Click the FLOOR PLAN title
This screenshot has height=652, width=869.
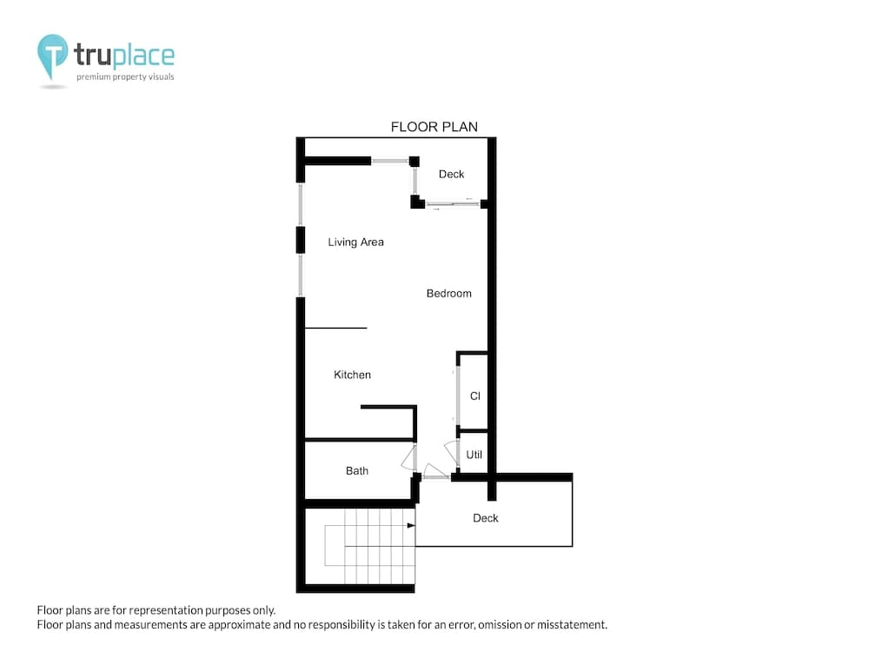coord(434,127)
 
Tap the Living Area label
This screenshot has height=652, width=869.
coord(355,242)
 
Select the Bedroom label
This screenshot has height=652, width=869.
coord(449,293)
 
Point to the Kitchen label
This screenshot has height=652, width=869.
coord(352,375)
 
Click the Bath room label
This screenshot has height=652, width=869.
coord(357,470)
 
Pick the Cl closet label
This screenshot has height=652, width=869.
coord(475,396)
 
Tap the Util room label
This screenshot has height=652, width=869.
coord(474,455)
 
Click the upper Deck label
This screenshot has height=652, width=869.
coord(451,174)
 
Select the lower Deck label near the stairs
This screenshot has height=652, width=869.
coord(486,518)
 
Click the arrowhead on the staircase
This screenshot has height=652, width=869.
coord(411,525)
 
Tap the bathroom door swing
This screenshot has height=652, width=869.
coord(408,458)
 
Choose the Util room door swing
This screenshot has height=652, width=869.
coord(452,452)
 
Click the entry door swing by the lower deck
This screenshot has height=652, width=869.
coord(435,471)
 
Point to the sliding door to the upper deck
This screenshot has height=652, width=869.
coord(453,204)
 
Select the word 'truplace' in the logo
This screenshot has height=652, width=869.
coord(124,55)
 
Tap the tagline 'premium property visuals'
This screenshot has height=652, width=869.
coord(125,77)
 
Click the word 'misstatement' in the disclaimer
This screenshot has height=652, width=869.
coord(572,625)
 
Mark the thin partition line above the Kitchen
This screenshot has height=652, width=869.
coord(335,329)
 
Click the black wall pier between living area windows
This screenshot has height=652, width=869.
coord(301,240)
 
